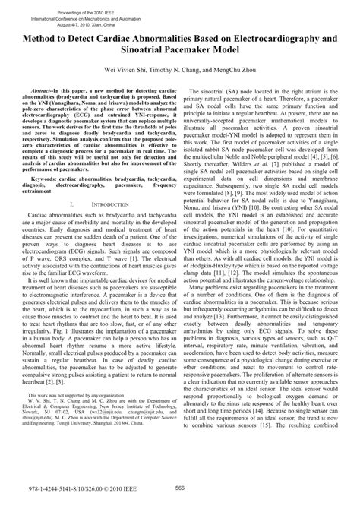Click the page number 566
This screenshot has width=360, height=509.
coord(180,488)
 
